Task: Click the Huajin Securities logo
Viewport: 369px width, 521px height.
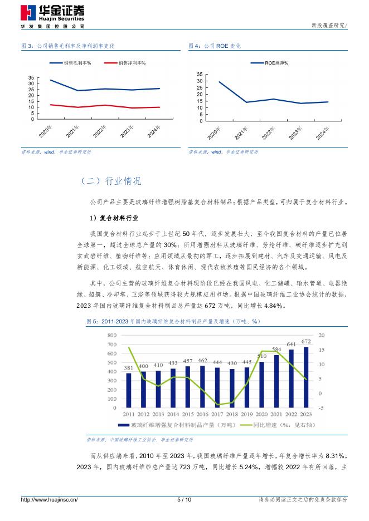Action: coord(53,14)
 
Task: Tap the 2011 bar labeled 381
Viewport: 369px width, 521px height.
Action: coord(129,390)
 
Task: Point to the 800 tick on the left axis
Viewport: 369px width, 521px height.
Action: coord(111,335)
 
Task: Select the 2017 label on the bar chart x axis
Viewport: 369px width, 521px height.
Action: coord(217,415)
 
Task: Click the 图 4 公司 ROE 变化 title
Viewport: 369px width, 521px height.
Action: coord(215,46)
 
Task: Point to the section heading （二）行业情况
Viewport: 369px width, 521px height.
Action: coord(111,181)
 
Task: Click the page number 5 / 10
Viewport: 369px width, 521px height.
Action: coord(184,500)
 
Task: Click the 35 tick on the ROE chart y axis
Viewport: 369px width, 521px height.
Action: coord(200,73)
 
